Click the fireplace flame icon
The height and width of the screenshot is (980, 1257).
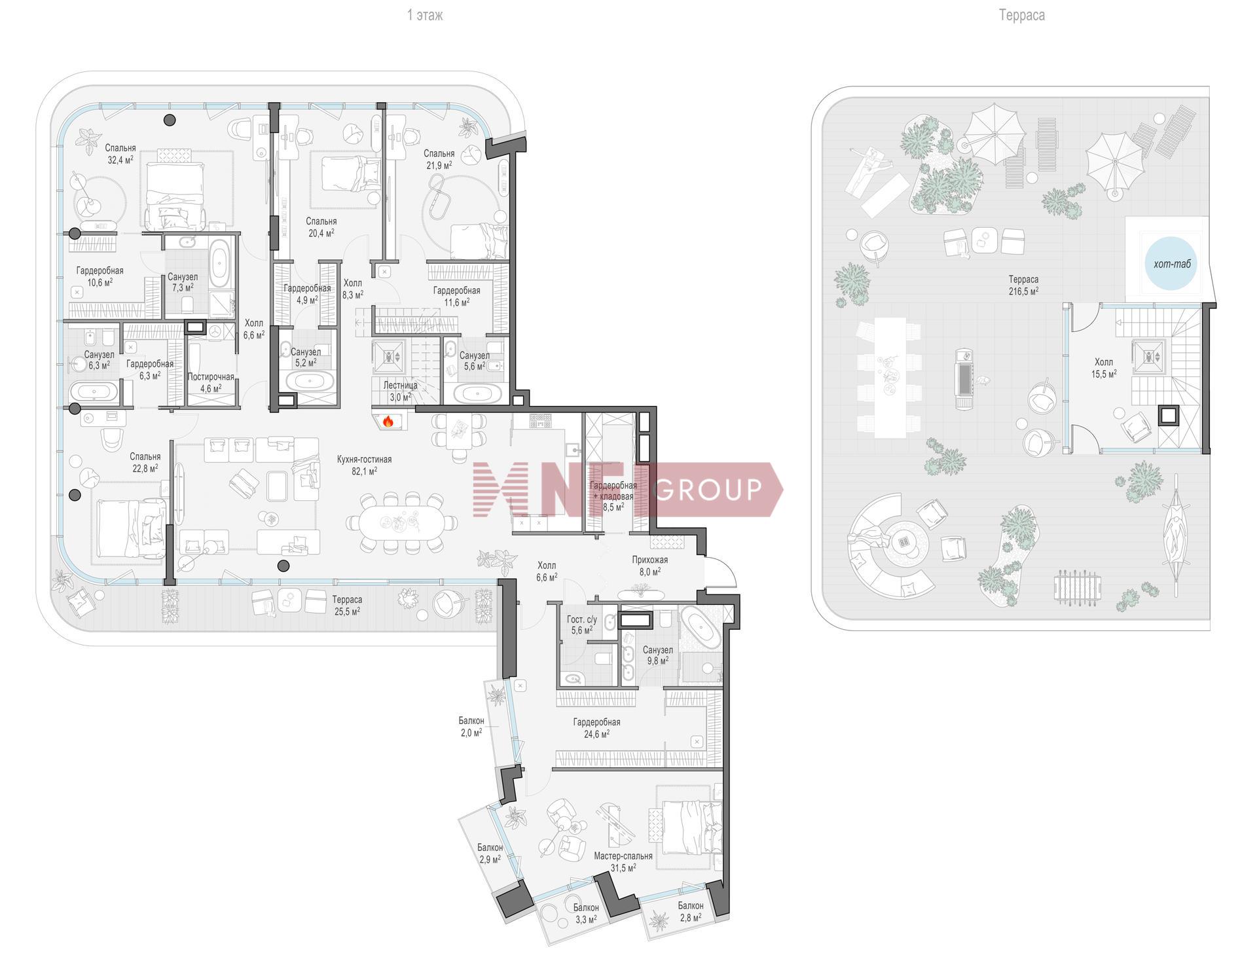click(388, 421)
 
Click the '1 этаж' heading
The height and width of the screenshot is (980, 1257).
click(425, 15)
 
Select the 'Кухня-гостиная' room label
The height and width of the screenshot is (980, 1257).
click(364, 460)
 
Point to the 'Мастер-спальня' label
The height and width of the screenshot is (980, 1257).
click(623, 856)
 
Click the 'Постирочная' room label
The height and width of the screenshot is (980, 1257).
click(211, 377)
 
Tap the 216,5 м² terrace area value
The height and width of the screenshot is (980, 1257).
click(1023, 291)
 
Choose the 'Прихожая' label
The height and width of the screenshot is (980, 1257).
click(650, 560)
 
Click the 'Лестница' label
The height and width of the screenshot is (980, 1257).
click(400, 386)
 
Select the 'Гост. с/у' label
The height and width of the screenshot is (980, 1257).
click(582, 619)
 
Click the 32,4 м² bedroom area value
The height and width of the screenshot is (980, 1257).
click(120, 159)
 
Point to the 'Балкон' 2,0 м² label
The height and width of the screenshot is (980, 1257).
click(471, 721)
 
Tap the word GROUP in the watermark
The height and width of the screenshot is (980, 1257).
click(708, 489)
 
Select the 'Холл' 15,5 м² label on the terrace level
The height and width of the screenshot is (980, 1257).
click(1104, 362)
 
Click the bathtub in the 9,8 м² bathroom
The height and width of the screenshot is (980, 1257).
click(700, 627)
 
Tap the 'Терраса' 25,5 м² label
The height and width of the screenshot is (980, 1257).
click(347, 600)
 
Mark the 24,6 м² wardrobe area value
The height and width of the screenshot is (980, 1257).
click(597, 735)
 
